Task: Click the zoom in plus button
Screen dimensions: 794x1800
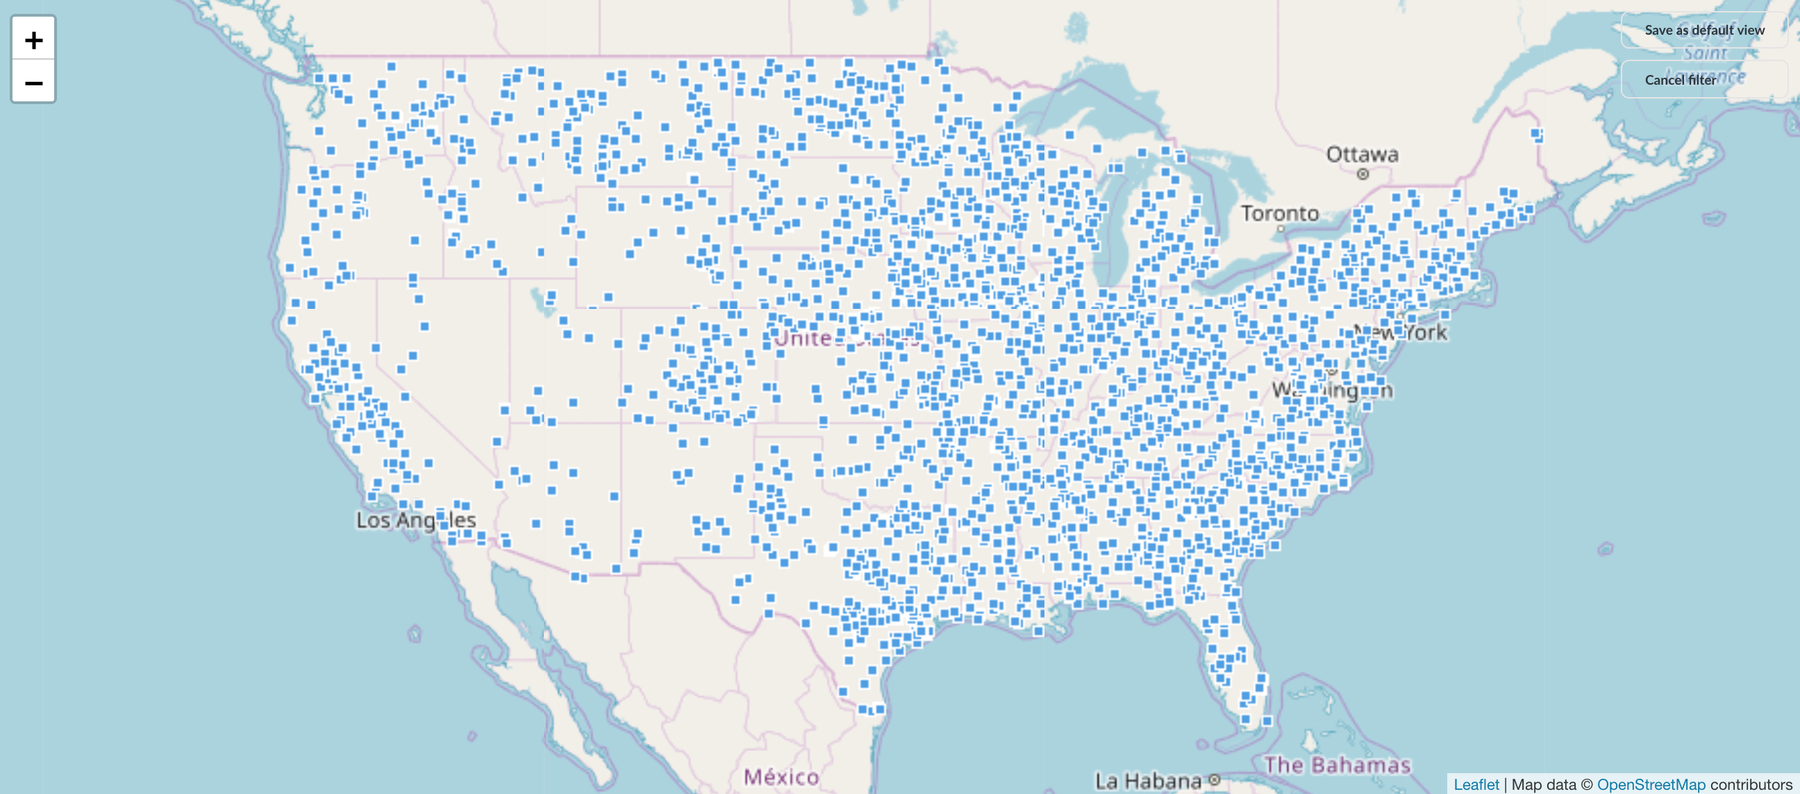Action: (x=33, y=40)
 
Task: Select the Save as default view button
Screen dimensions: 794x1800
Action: (x=1703, y=30)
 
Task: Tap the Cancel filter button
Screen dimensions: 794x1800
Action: (x=1680, y=80)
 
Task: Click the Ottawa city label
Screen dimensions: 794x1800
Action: (x=1362, y=154)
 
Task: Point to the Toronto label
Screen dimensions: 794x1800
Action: (x=1279, y=213)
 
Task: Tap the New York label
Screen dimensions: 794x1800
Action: (x=1400, y=332)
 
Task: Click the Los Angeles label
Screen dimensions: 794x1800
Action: (x=416, y=521)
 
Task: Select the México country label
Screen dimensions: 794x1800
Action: (x=781, y=777)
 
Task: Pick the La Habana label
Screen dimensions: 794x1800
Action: (x=1147, y=781)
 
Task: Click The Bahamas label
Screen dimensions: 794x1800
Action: (x=1337, y=766)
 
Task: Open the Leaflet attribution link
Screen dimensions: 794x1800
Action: (x=1476, y=784)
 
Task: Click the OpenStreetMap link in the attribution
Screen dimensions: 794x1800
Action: (x=1651, y=784)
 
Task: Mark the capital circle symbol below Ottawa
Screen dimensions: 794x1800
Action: (x=1362, y=175)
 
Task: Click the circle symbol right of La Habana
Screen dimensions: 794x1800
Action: (x=1215, y=780)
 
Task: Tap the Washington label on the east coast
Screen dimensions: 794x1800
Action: (x=1331, y=389)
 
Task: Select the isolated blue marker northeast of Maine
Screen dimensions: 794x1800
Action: (x=1537, y=133)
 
